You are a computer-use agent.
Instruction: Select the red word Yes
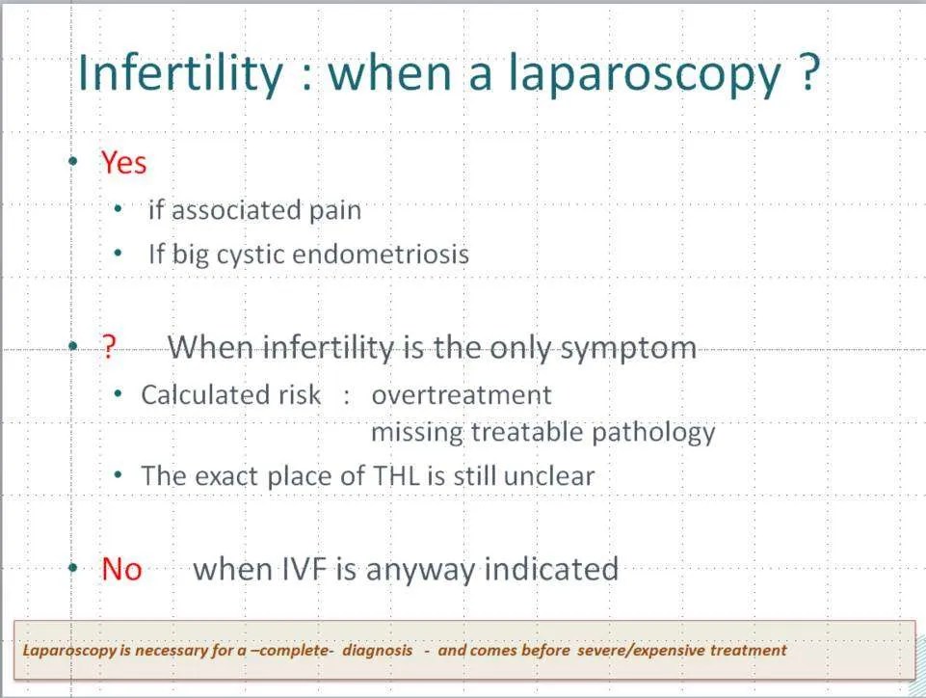(124, 163)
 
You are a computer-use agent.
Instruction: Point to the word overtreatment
(462, 395)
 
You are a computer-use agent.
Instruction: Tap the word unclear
(549, 475)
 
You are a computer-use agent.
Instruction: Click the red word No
(121, 570)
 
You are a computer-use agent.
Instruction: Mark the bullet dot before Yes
(72, 163)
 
